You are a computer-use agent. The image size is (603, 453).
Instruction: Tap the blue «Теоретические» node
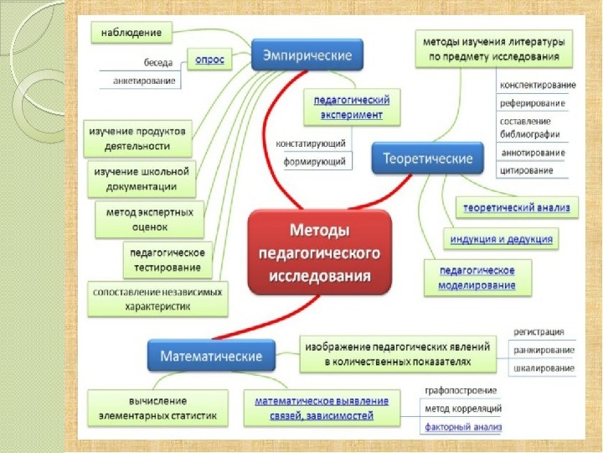click(x=427, y=158)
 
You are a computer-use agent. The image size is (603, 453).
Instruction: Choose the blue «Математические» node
click(x=212, y=356)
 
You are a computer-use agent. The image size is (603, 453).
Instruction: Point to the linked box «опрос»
click(x=209, y=60)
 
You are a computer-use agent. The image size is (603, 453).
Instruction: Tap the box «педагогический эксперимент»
click(x=346, y=106)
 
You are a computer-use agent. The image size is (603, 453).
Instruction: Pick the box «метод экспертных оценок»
click(x=150, y=219)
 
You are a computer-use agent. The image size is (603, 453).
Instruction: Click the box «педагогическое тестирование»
click(x=165, y=259)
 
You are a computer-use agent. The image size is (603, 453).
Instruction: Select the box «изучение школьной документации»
click(x=140, y=178)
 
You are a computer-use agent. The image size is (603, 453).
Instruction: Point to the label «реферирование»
click(x=532, y=103)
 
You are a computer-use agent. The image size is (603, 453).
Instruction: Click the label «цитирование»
click(x=526, y=171)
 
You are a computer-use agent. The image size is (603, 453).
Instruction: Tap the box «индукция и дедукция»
click(x=502, y=239)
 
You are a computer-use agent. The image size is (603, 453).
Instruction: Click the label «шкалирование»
click(x=544, y=368)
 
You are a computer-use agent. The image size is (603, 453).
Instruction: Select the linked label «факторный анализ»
click(x=462, y=427)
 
